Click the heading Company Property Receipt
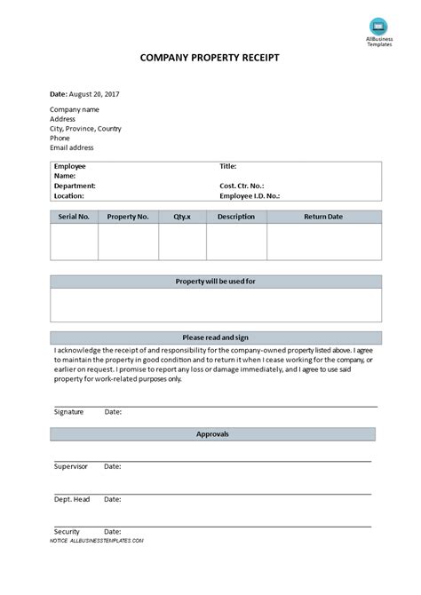click(x=210, y=58)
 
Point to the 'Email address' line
click(x=72, y=148)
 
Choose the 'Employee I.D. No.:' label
click(x=250, y=195)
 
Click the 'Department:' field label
click(x=75, y=186)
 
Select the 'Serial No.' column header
click(x=74, y=217)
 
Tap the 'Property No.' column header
click(x=128, y=217)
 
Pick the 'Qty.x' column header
click(x=182, y=217)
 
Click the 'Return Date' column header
click(x=323, y=217)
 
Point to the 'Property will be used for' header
click(x=216, y=282)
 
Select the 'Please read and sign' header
click(x=216, y=337)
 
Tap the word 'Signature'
click(x=69, y=412)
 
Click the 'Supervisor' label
click(x=72, y=466)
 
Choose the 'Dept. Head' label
click(x=72, y=499)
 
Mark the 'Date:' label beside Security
click(x=113, y=530)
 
